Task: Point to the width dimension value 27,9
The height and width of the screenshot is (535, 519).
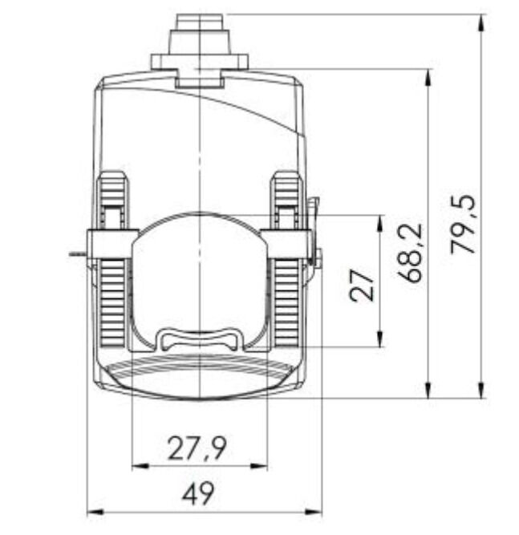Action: point(197,448)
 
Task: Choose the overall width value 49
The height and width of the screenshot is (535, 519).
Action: point(197,493)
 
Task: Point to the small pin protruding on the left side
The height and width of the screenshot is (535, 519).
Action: point(77,254)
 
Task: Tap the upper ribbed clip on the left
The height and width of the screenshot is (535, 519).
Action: point(113,198)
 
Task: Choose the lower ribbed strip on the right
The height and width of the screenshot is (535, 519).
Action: point(286,297)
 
